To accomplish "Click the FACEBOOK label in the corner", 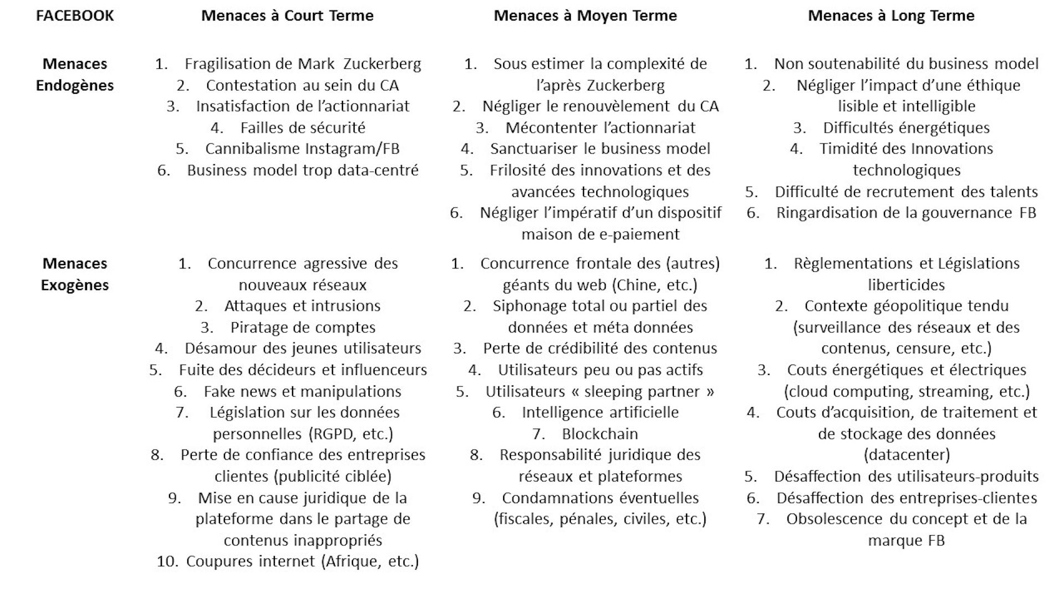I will [75, 16].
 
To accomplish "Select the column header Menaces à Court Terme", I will [287, 16].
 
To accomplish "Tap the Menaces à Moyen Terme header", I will [585, 16].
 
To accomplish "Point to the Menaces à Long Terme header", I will [891, 16].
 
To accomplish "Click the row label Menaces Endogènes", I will [75, 74].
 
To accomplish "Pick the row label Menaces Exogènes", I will [75, 274].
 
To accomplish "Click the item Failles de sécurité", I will [303, 128].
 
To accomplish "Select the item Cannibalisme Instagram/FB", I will [302, 149].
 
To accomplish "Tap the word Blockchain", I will [600, 434].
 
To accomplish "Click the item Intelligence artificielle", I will [600, 412].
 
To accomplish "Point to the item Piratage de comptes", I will [303, 327].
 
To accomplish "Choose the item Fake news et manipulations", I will [302, 392].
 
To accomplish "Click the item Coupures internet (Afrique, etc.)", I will [302, 561].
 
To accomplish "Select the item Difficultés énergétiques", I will [906, 128].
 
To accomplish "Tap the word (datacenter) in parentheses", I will [907, 455].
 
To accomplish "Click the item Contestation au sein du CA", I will [302, 85].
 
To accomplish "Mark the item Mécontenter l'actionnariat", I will [600, 128].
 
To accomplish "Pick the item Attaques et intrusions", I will [302, 306].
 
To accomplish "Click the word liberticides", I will [907, 285].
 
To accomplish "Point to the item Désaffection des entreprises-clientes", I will [907, 498].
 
